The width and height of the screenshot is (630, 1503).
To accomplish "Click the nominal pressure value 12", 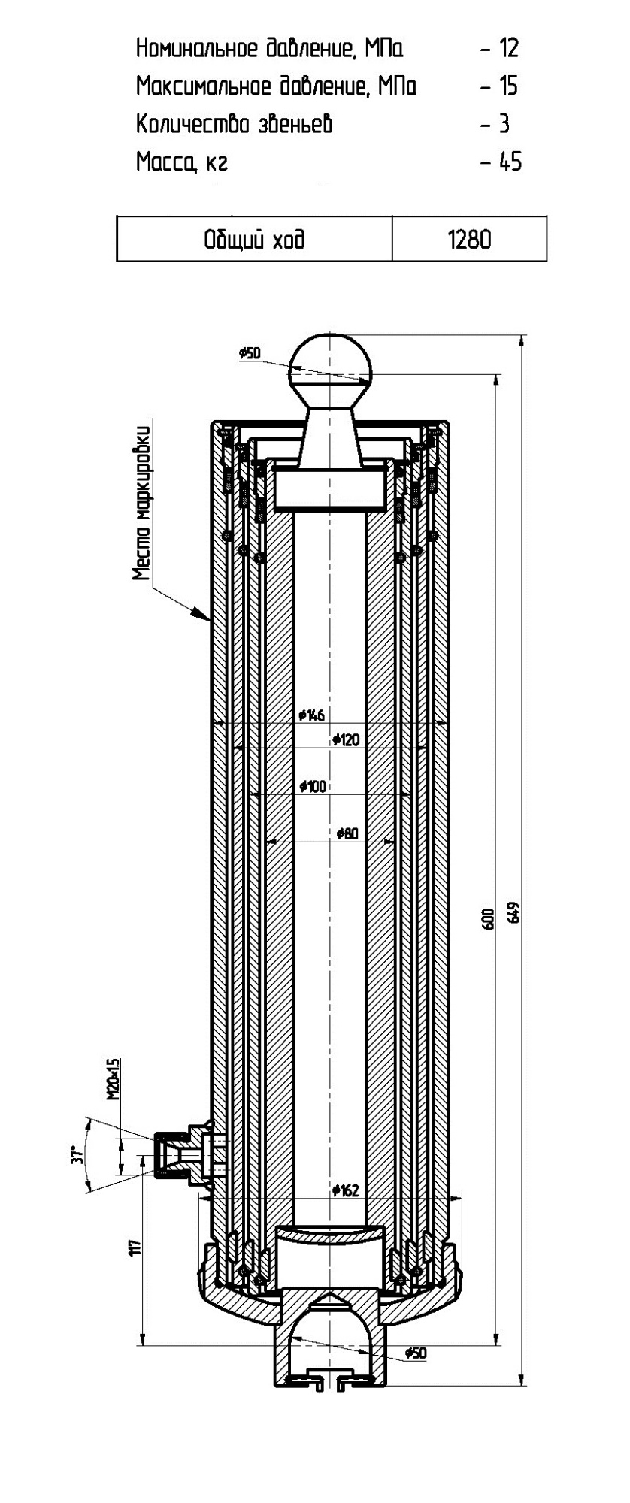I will [508, 49].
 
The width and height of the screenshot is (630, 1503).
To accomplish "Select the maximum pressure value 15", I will [508, 86].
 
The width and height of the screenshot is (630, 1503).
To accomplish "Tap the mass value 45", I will [510, 162].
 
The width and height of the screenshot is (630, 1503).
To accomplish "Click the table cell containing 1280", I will [469, 240].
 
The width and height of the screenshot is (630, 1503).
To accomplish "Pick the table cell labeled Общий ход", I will [254, 240].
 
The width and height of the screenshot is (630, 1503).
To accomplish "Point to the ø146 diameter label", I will [311, 715].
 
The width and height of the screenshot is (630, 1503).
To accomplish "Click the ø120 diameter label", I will [346, 740].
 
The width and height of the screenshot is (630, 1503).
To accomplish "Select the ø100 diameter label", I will [312, 786].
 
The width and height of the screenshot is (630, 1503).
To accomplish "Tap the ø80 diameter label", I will [348, 833].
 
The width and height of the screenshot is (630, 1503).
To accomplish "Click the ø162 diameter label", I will [346, 1190].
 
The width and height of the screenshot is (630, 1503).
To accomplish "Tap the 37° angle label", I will [74, 1154].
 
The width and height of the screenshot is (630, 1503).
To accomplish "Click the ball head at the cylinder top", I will [331, 358].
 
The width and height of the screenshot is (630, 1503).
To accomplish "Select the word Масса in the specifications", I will [160, 162].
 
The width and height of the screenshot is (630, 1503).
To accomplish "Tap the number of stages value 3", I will [504, 124].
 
